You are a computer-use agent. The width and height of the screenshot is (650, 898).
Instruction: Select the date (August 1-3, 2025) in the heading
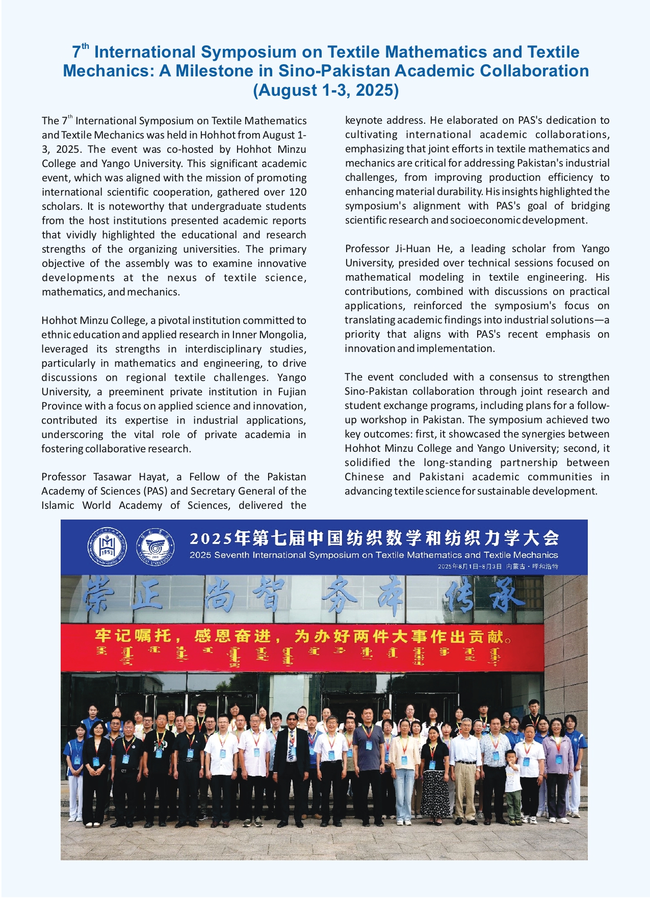coord(326,90)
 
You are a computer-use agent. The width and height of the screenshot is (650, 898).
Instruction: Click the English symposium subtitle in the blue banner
coord(374,555)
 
